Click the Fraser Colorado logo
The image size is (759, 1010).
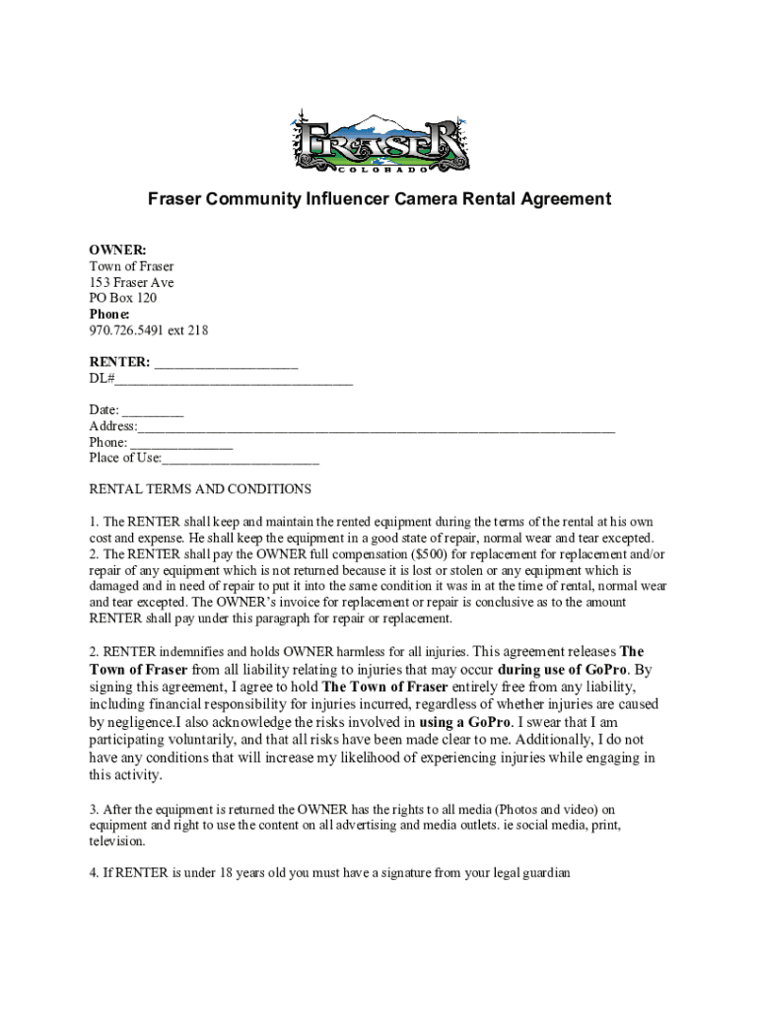click(x=379, y=142)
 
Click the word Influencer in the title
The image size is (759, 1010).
click(x=341, y=199)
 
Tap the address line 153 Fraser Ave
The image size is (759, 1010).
click(x=131, y=282)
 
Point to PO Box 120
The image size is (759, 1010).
click(x=123, y=298)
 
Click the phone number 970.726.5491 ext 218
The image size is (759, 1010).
click(x=149, y=330)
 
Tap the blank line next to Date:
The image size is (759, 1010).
click(x=154, y=410)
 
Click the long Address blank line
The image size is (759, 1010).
click(x=376, y=426)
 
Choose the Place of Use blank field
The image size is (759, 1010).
click(x=241, y=458)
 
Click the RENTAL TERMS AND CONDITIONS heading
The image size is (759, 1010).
click(x=200, y=489)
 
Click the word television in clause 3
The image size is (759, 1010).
click(x=116, y=841)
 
